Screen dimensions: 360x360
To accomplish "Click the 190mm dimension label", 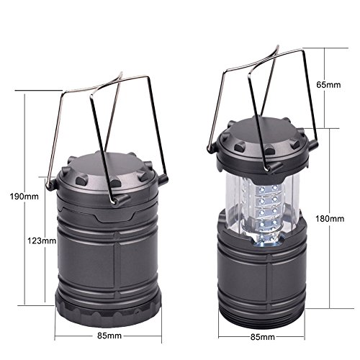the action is coord(24,197).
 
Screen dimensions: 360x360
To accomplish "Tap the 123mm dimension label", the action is coord(42,240).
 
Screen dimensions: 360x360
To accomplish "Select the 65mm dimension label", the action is coord(328,85).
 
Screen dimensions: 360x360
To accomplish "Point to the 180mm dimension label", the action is coord(330,219).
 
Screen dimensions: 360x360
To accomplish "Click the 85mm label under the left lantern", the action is coord(109,336).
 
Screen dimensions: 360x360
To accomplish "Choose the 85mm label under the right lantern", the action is coord(263,337).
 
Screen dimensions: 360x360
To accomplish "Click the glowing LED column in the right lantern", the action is coord(268,215).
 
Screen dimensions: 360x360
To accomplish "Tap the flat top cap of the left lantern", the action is coord(108,168).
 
